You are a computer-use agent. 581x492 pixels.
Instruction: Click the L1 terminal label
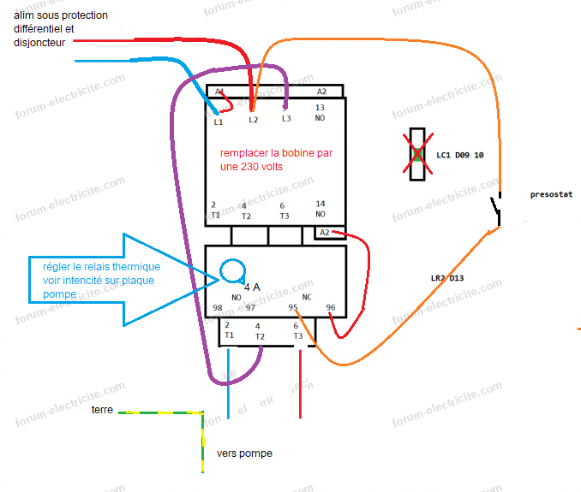pos(219,122)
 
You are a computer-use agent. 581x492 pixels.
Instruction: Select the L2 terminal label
pos(253,120)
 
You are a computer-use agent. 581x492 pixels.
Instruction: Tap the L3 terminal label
pos(286,118)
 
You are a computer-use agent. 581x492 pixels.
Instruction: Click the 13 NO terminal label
pos(320,113)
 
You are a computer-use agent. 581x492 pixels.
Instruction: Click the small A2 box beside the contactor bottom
pos(324,233)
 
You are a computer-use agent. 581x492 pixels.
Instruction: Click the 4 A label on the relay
pos(252,287)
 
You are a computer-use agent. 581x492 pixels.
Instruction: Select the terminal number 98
pos(218,307)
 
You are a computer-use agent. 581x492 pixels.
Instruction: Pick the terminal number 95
pos(293,307)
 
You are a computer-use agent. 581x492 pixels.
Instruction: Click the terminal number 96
pos(331,307)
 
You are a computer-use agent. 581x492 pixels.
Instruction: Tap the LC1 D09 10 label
pos(460,156)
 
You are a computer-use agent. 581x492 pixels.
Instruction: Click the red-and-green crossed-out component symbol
pos(417,154)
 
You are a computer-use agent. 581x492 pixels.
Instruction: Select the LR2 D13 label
pos(447,278)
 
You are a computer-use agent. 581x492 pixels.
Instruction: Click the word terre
pos(102,410)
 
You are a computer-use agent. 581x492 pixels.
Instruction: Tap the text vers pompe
pos(244,453)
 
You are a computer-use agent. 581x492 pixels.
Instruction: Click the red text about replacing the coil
pos(276,160)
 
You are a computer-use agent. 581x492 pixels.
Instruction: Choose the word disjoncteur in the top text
pos(40,42)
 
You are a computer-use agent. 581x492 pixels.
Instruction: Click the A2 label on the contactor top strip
pos(321,91)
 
